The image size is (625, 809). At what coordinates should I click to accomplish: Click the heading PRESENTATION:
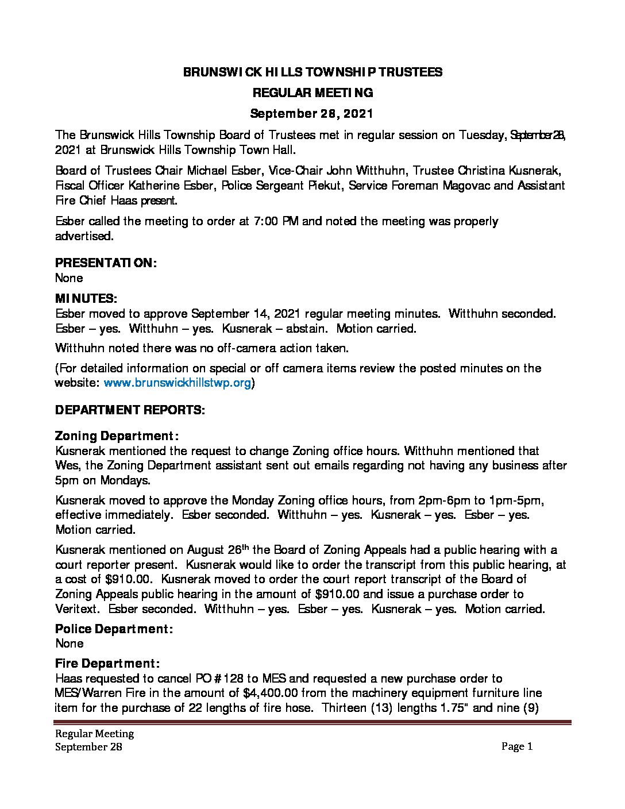[106, 263]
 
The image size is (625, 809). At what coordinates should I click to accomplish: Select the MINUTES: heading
[86, 299]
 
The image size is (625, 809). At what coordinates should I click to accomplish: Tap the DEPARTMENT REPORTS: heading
[129, 410]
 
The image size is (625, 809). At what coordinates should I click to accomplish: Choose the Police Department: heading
[114, 629]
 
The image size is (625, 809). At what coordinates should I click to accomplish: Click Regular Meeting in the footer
[95, 734]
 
